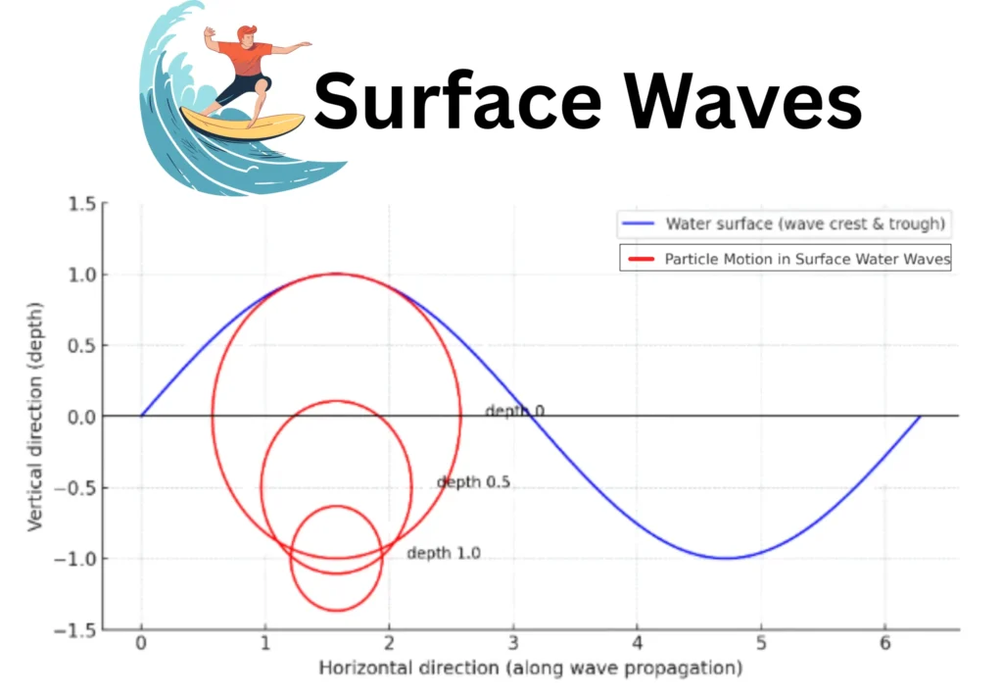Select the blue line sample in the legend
tap(638, 224)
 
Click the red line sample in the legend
tap(642, 260)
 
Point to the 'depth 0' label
tap(514, 411)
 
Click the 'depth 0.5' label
tap(472, 482)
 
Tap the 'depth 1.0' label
tap(443, 554)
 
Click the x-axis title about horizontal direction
tap(530, 669)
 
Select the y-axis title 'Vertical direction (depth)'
tap(35, 417)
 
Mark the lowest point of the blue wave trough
tap(725, 559)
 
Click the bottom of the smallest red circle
tap(336, 611)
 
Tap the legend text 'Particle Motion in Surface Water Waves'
tap(807, 260)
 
